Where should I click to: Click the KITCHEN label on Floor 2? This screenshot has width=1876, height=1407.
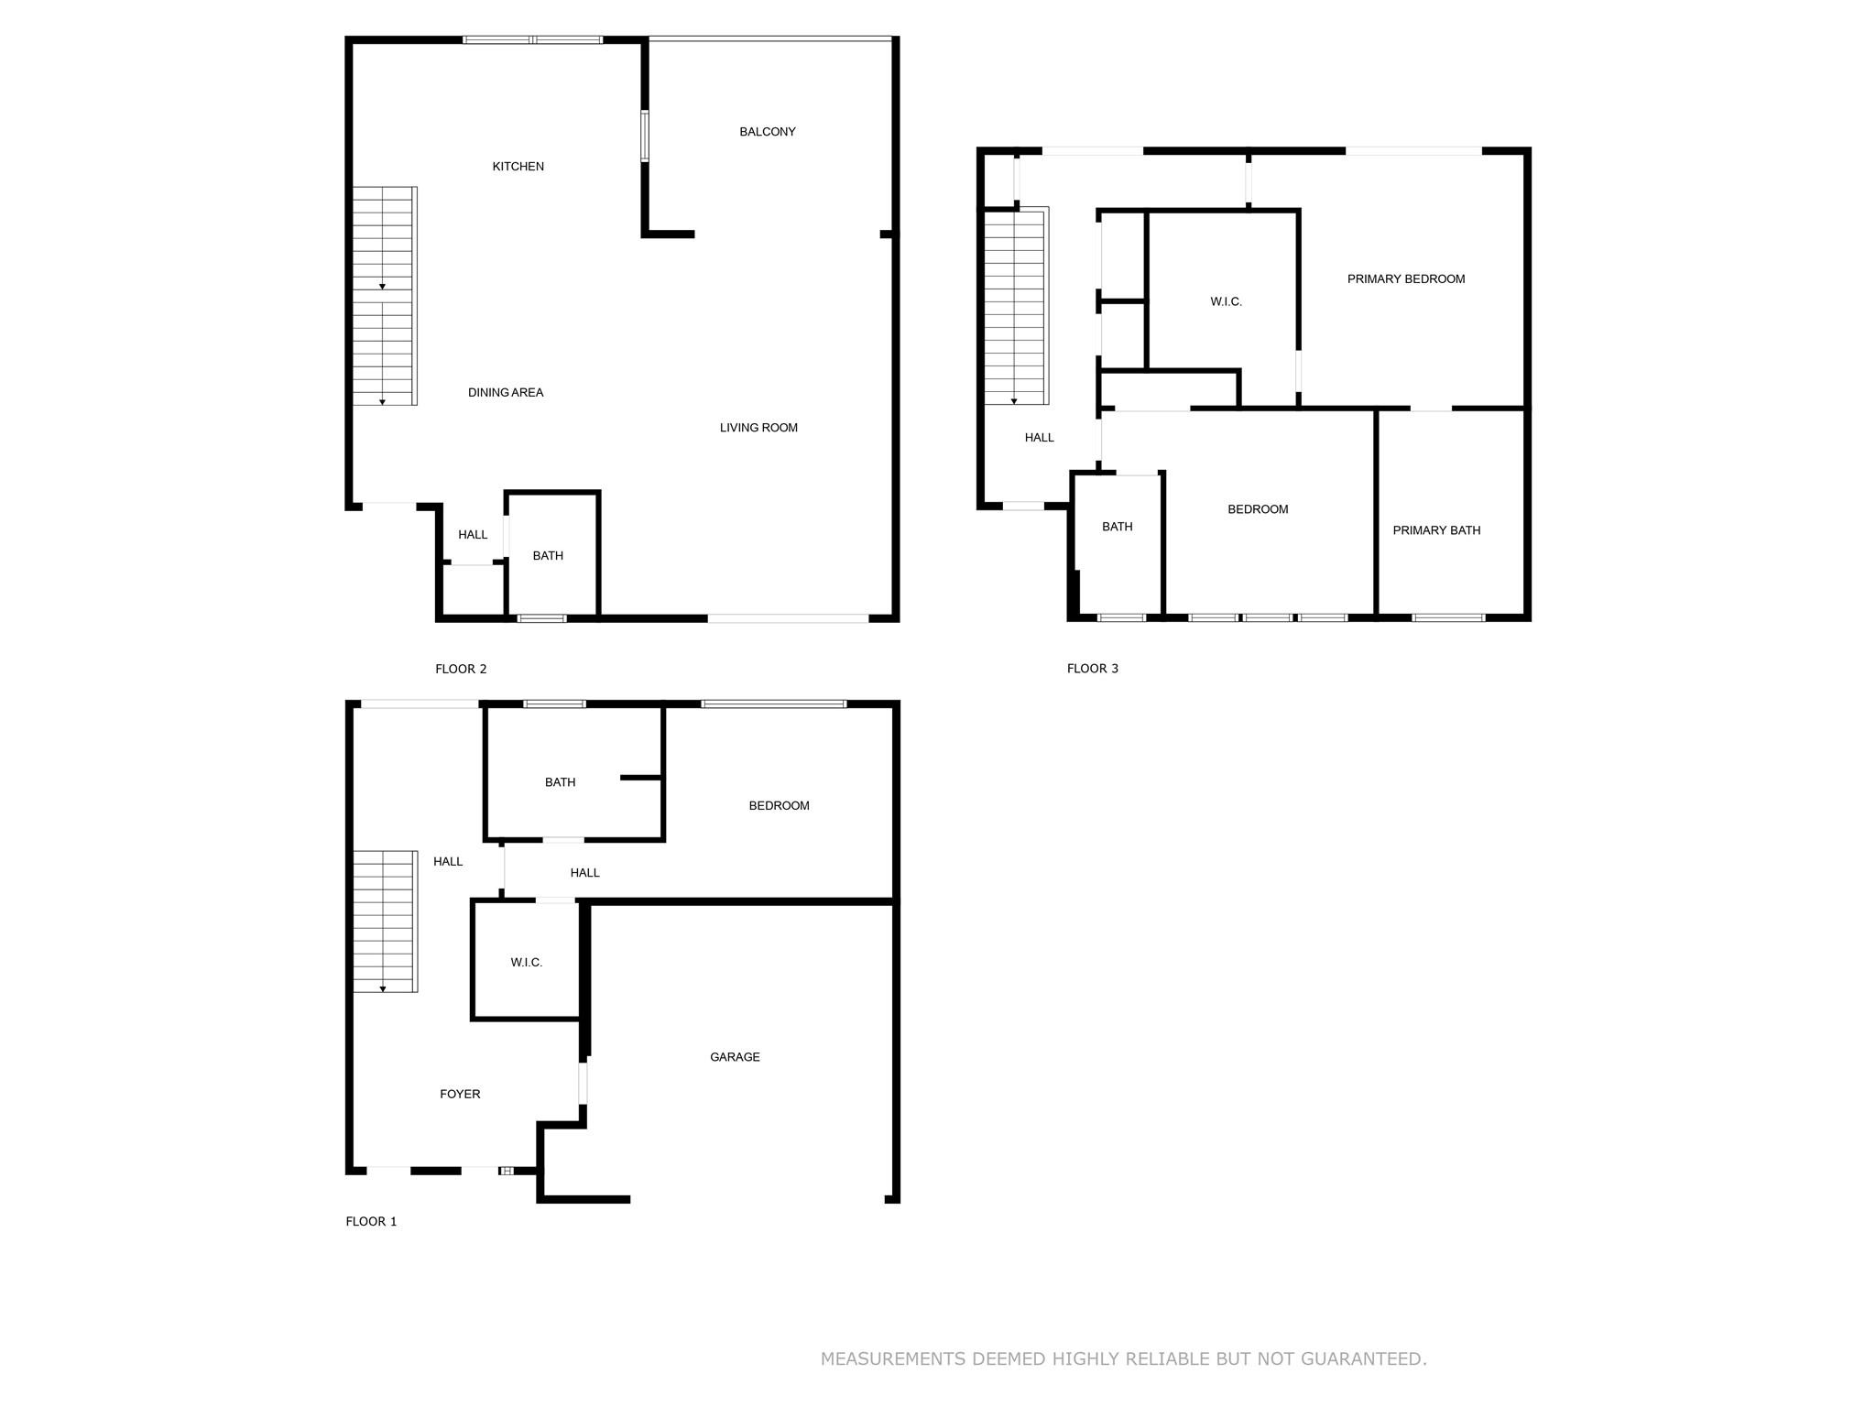(518, 167)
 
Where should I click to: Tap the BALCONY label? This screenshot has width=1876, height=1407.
(768, 132)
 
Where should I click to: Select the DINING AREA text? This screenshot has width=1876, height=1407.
(506, 393)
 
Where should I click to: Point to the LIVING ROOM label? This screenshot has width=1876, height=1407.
(758, 428)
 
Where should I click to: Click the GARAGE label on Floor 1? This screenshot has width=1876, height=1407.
(735, 1057)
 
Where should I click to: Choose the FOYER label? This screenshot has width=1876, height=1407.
(460, 1094)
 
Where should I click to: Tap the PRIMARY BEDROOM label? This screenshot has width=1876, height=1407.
(1406, 279)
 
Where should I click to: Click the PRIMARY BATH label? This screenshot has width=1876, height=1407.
(1436, 530)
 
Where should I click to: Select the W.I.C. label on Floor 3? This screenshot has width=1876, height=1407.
(1226, 302)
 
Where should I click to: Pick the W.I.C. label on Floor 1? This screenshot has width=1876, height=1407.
(527, 963)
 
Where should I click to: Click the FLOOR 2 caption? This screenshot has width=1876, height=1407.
(461, 670)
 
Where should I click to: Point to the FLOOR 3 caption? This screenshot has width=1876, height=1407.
(1093, 669)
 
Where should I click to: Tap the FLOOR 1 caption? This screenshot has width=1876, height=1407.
(371, 1221)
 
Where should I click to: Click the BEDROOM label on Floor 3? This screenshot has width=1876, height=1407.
(1258, 509)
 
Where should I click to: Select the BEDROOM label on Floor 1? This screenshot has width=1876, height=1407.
(779, 806)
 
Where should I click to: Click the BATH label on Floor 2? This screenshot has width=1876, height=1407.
(548, 556)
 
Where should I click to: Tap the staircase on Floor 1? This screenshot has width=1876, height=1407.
(386, 922)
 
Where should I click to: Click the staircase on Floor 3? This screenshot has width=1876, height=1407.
(1016, 306)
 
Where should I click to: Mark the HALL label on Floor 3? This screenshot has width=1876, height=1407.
(1039, 438)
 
